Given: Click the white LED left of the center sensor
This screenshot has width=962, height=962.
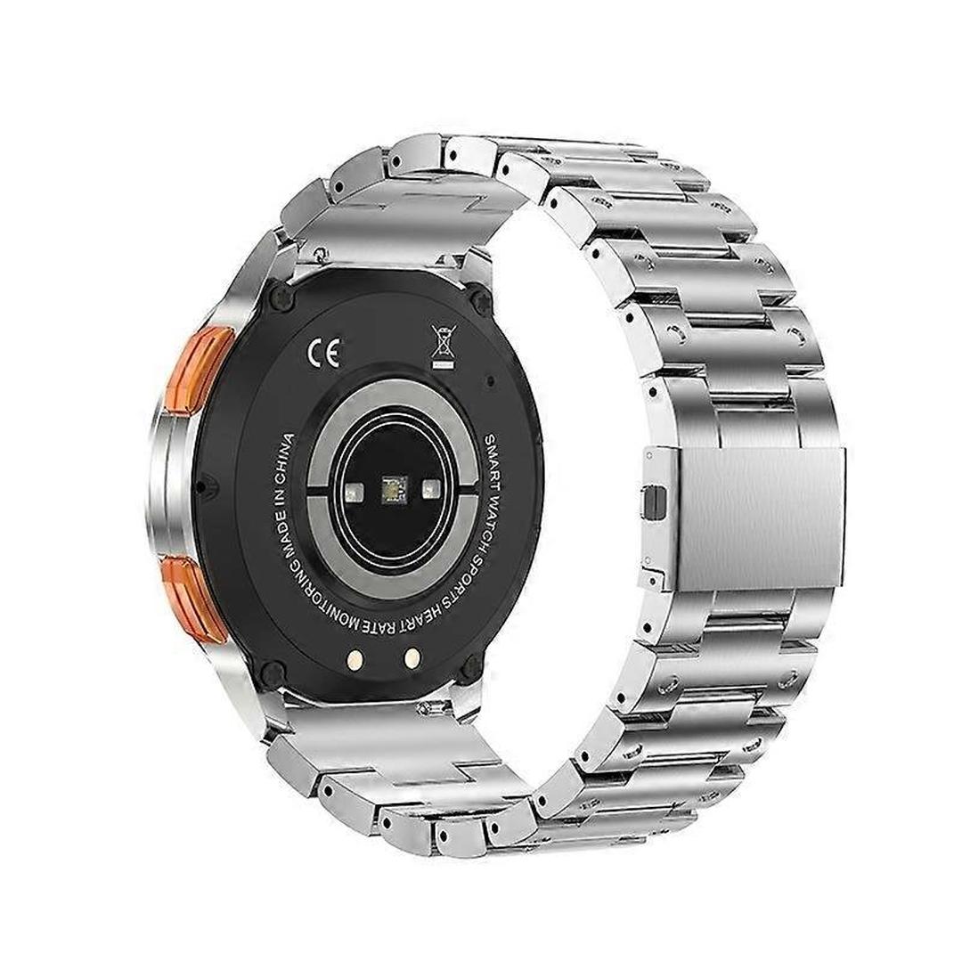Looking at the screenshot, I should [x=353, y=489].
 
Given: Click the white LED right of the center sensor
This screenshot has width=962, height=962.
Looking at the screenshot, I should [x=432, y=488].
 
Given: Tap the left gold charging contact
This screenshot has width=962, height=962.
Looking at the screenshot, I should [x=355, y=659].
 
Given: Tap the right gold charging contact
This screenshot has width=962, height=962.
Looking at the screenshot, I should [x=412, y=657].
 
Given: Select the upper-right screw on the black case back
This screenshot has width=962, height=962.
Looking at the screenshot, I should [x=481, y=301].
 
